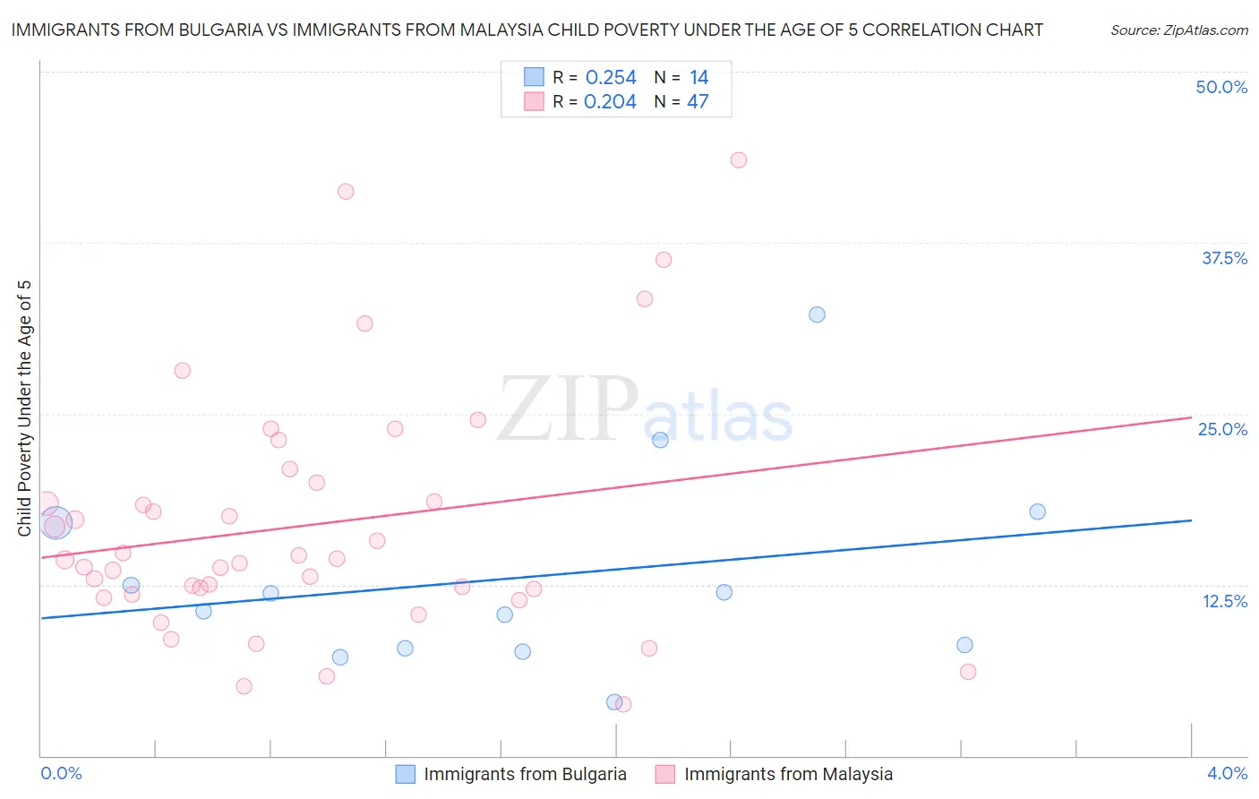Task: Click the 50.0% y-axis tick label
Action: [x=1221, y=87]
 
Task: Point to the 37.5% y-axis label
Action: [x=1224, y=258]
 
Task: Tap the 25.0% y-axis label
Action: [x=1222, y=429]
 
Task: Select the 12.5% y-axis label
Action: [x=1224, y=601]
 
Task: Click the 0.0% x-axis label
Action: [x=62, y=773]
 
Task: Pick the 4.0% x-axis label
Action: [x=1227, y=773]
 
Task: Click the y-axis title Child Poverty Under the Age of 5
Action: [x=24, y=408]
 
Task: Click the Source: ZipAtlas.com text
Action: [x=1178, y=30]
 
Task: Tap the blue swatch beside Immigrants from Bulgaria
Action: [x=405, y=774]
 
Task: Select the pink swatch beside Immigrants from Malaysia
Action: [x=664, y=774]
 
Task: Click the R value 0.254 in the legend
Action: [x=611, y=78]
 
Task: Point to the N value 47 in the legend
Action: [x=698, y=102]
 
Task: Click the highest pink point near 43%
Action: [x=739, y=160]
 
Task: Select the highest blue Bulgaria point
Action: [x=817, y=314]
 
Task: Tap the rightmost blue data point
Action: [x=1037, y=511]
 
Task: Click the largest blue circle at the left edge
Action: [x=56, y=522]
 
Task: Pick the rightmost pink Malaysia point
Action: [x=968, y=672]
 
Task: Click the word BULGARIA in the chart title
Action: [x=220, y=30]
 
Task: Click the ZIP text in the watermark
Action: [x=567, y=410]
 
